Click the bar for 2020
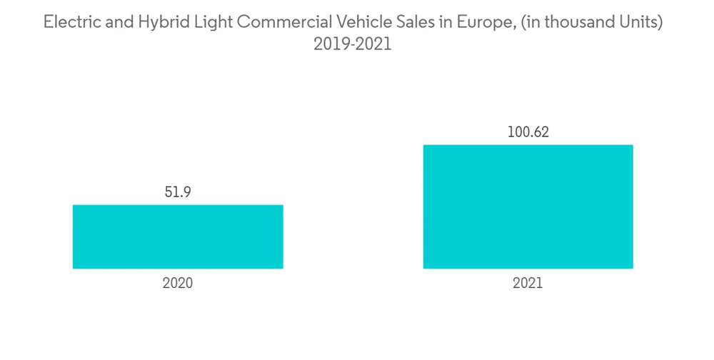point(178,236)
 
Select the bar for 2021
point(528,206)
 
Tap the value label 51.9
point(178,192)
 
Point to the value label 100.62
point(528,132)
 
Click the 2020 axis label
point(178,283)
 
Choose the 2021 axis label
point(528,283)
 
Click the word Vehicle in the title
point(355,22)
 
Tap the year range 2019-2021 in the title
point(353,44)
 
